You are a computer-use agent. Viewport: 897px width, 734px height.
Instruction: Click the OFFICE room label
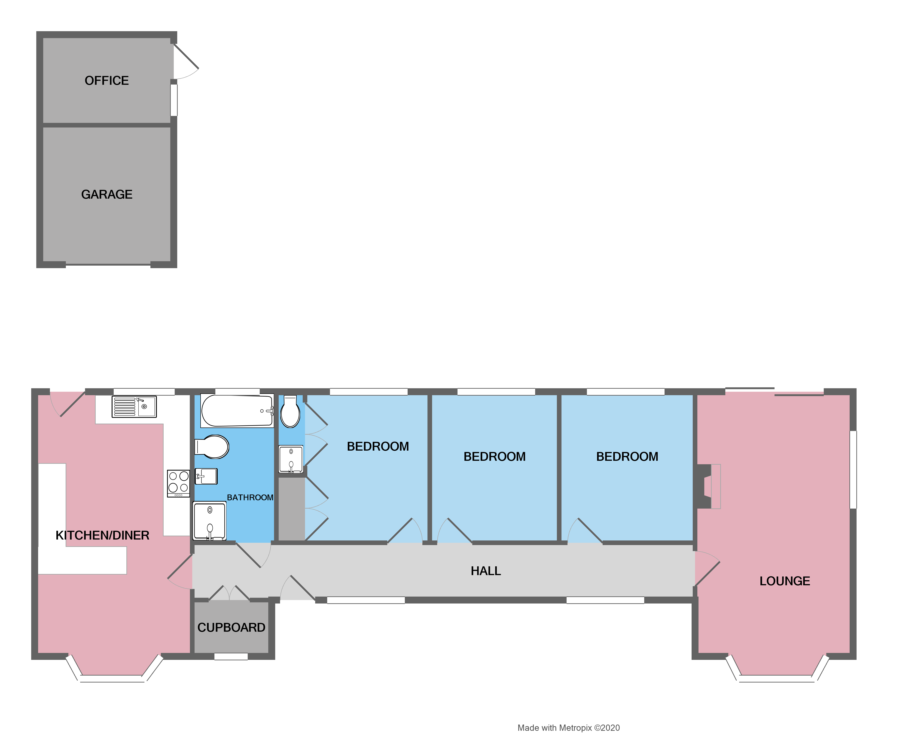[107, 80]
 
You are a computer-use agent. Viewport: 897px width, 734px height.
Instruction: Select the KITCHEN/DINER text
[102, 535]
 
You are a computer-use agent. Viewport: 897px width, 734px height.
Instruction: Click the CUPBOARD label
[231, 628]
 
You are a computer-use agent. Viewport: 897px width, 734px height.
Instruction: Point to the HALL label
[485, 571]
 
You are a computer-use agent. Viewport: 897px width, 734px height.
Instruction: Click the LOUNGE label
[784, 581]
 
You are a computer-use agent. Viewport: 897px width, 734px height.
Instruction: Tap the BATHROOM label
[250, 498]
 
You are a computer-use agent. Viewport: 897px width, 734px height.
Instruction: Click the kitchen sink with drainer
[134, 407]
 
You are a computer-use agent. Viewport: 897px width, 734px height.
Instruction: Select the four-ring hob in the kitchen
[178, 483]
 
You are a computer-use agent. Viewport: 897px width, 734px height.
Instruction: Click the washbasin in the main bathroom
[206, 476]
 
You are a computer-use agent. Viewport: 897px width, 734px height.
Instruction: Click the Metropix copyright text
[568, 728]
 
